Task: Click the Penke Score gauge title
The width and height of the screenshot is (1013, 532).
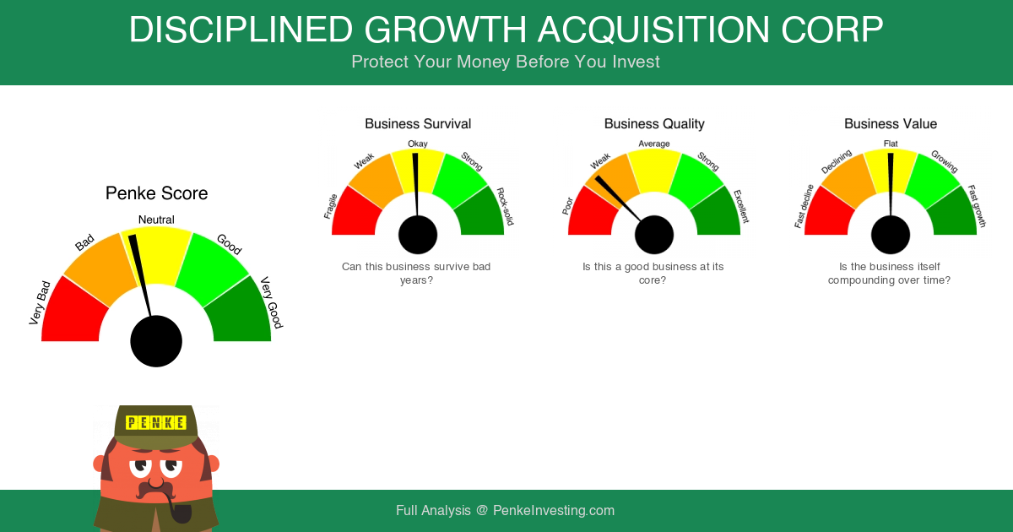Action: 156,193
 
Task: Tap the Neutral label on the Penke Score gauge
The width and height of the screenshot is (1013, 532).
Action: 156,220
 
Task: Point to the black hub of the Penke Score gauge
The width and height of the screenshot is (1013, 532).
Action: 156,341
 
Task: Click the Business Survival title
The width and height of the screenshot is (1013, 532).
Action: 418,124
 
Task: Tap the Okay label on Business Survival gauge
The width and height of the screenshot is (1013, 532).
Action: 417,144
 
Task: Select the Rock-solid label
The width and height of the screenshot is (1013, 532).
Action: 505,206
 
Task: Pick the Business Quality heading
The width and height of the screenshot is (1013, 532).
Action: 654,124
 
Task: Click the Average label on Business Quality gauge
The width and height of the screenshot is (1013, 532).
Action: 654,144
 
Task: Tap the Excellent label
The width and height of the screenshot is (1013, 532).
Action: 741,206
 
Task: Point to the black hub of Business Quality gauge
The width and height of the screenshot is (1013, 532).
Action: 654,235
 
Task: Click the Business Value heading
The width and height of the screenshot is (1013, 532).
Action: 891,124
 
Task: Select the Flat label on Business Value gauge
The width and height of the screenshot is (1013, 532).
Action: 891,144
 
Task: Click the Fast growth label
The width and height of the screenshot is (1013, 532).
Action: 977,206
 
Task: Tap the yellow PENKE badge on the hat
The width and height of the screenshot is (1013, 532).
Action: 156,422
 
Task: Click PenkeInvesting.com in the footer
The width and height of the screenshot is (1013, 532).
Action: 554,511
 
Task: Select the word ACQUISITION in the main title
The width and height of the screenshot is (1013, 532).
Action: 654,30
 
